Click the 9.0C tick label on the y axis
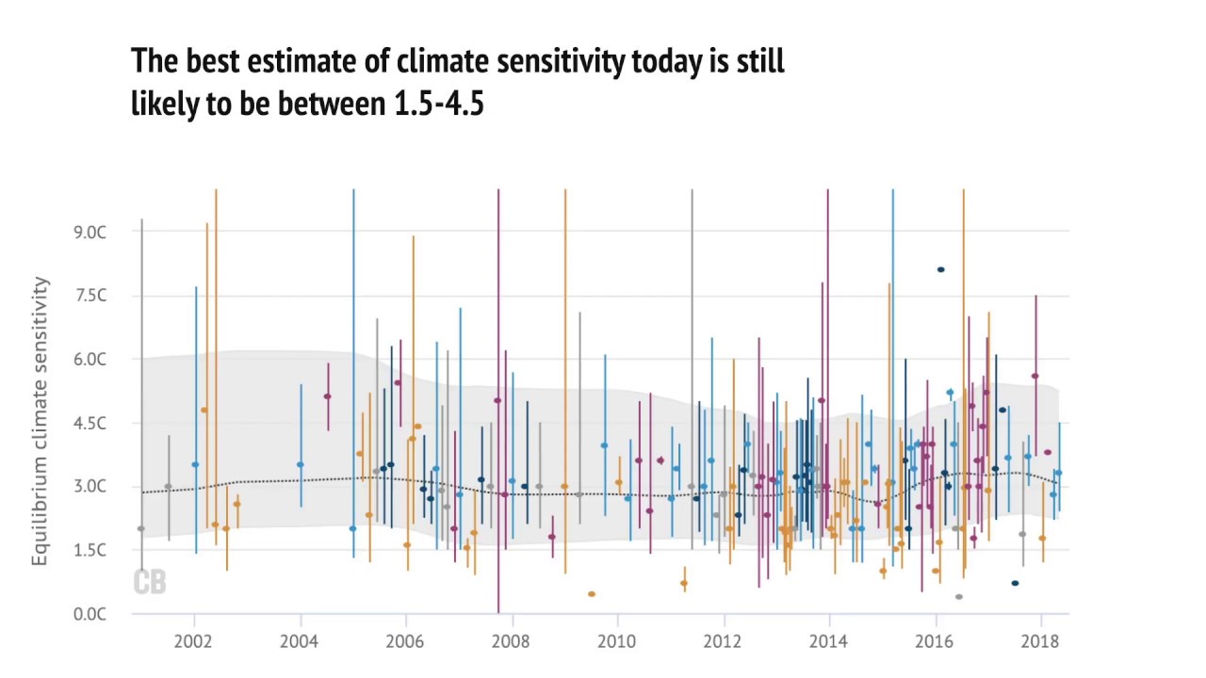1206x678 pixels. pos(90,232)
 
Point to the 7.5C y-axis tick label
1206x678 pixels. pos(90,296)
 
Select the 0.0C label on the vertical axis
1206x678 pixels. pos(90,614)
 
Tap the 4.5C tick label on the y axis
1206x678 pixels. pos(90,423)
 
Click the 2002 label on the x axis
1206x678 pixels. pos(194,641)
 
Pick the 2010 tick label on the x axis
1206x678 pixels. pos(617,641)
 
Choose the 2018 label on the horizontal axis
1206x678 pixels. pos(1040,641)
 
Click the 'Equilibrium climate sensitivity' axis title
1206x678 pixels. pos(41,421)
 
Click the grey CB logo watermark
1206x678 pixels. pos(150,583)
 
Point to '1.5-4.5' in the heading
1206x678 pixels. pos(438,103)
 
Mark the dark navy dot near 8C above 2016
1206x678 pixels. pos(940,270)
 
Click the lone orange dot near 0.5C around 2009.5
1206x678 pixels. pos(592,594)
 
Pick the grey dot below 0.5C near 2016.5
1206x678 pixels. pos(959,597)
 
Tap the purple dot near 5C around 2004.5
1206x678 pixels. pos(328,396)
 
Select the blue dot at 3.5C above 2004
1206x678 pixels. pos(301,464)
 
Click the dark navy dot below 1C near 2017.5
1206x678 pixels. pos(1015,584)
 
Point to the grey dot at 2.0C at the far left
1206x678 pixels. pos(141,529)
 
